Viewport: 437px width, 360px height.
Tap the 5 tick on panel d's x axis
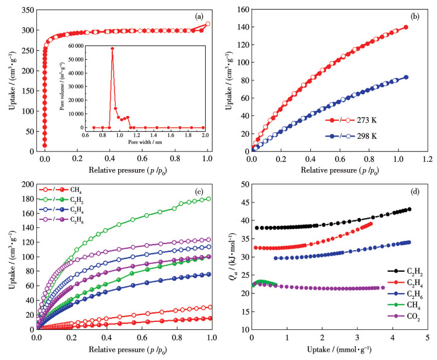(x=427, y=336)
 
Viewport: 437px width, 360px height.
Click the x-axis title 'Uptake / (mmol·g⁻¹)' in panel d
(x=341, y=352)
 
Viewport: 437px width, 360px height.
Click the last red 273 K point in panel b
(x=406, y=27)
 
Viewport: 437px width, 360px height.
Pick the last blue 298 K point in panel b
(x=406, y=77)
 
